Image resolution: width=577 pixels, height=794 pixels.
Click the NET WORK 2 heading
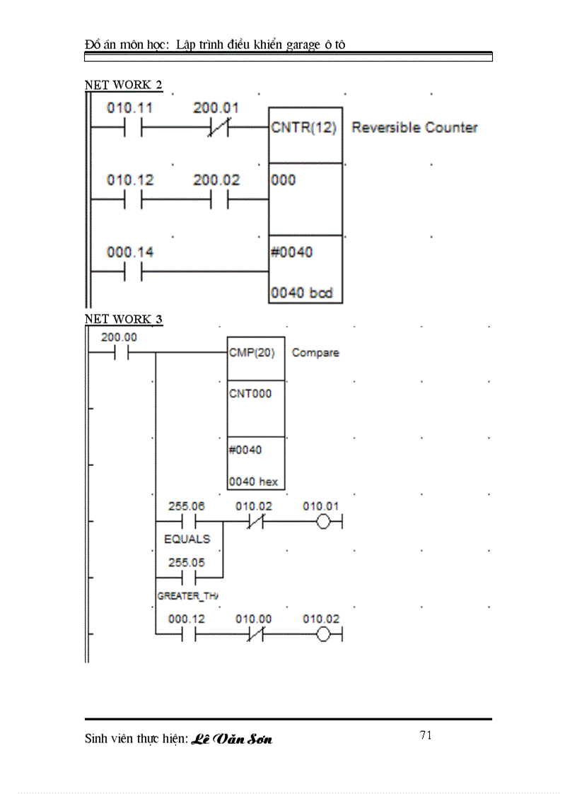[x=123, y=85]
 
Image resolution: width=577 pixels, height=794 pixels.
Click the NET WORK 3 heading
[x=123, y=319]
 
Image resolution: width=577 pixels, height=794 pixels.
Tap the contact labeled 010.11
[x=132, y=128]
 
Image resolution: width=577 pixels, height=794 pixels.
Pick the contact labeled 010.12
[x=132, y=199]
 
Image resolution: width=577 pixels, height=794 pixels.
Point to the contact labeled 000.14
[x=132, y=272]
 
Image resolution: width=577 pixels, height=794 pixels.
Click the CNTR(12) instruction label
[x=304, y=128]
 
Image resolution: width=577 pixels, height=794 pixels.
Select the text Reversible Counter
[x=414, y=128]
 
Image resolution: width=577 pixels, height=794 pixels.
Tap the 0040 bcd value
[x=302, y=293]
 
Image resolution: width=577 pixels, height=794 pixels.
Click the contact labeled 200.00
[x=119, y=352]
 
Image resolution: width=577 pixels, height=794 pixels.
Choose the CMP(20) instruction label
[x=252, y=352]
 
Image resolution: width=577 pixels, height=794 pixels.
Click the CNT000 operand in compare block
[x=250, y=394]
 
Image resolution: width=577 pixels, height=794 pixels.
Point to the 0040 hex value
[x=253, y=482]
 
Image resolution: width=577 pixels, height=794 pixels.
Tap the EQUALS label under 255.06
[x=187, y=539]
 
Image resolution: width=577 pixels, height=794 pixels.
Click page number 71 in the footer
[x=426, y=735]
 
